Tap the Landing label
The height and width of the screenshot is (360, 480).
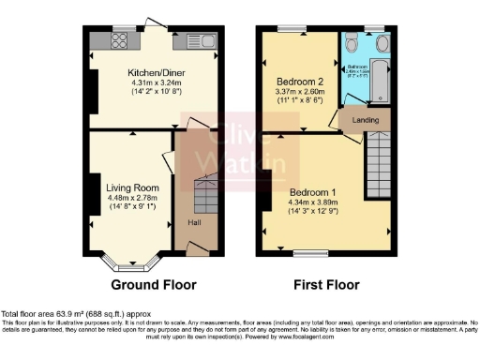[366, 120]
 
